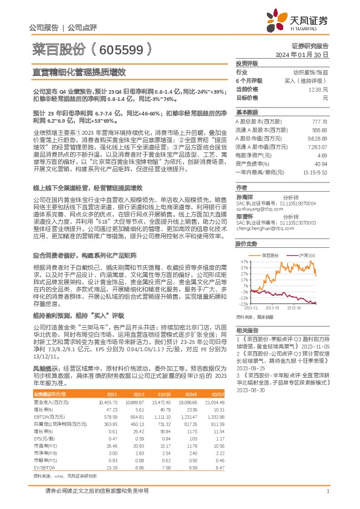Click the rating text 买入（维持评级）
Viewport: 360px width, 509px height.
point(306,80)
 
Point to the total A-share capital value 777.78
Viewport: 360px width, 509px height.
point(319,121)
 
